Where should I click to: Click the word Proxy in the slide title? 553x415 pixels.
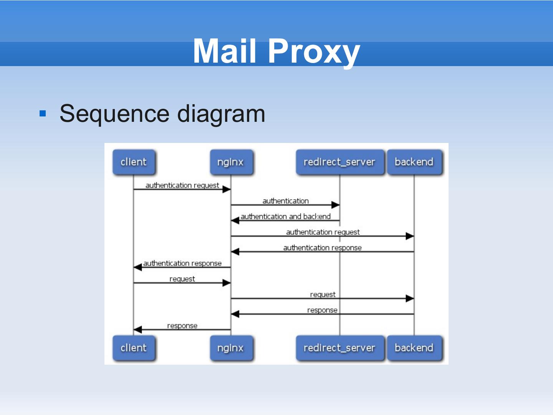click(x=314, y=52)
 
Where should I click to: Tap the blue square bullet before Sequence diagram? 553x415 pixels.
click(x=43, y=113)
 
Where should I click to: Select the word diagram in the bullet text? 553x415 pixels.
click(x=221, y=114)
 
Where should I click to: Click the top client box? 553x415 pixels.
click(x=134, y=162)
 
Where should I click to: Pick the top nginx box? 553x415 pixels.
click(x=231, y=162)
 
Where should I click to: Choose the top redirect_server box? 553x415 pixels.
click(x=339, y=162)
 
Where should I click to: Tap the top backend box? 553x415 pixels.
click(x=414, y=162)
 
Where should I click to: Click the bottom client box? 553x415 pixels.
click(x=134, y=348)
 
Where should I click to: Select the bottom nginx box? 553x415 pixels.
click(x=231, y=348)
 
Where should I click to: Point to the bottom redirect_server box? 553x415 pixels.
click(x=339, y=348)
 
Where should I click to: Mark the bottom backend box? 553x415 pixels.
click(x=414, y=348)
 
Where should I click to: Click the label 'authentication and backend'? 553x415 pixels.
click(x=285, y=216)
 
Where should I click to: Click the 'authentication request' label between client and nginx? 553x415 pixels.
click(x=182, y=186)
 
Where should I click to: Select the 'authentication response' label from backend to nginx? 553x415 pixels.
click(x=323, y=248)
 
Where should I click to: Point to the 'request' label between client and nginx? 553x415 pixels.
click(x=182, y=279)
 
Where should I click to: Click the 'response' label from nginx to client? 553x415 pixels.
click(x=182, y=326)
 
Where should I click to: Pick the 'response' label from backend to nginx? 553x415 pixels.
click(x=322, y=310)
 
